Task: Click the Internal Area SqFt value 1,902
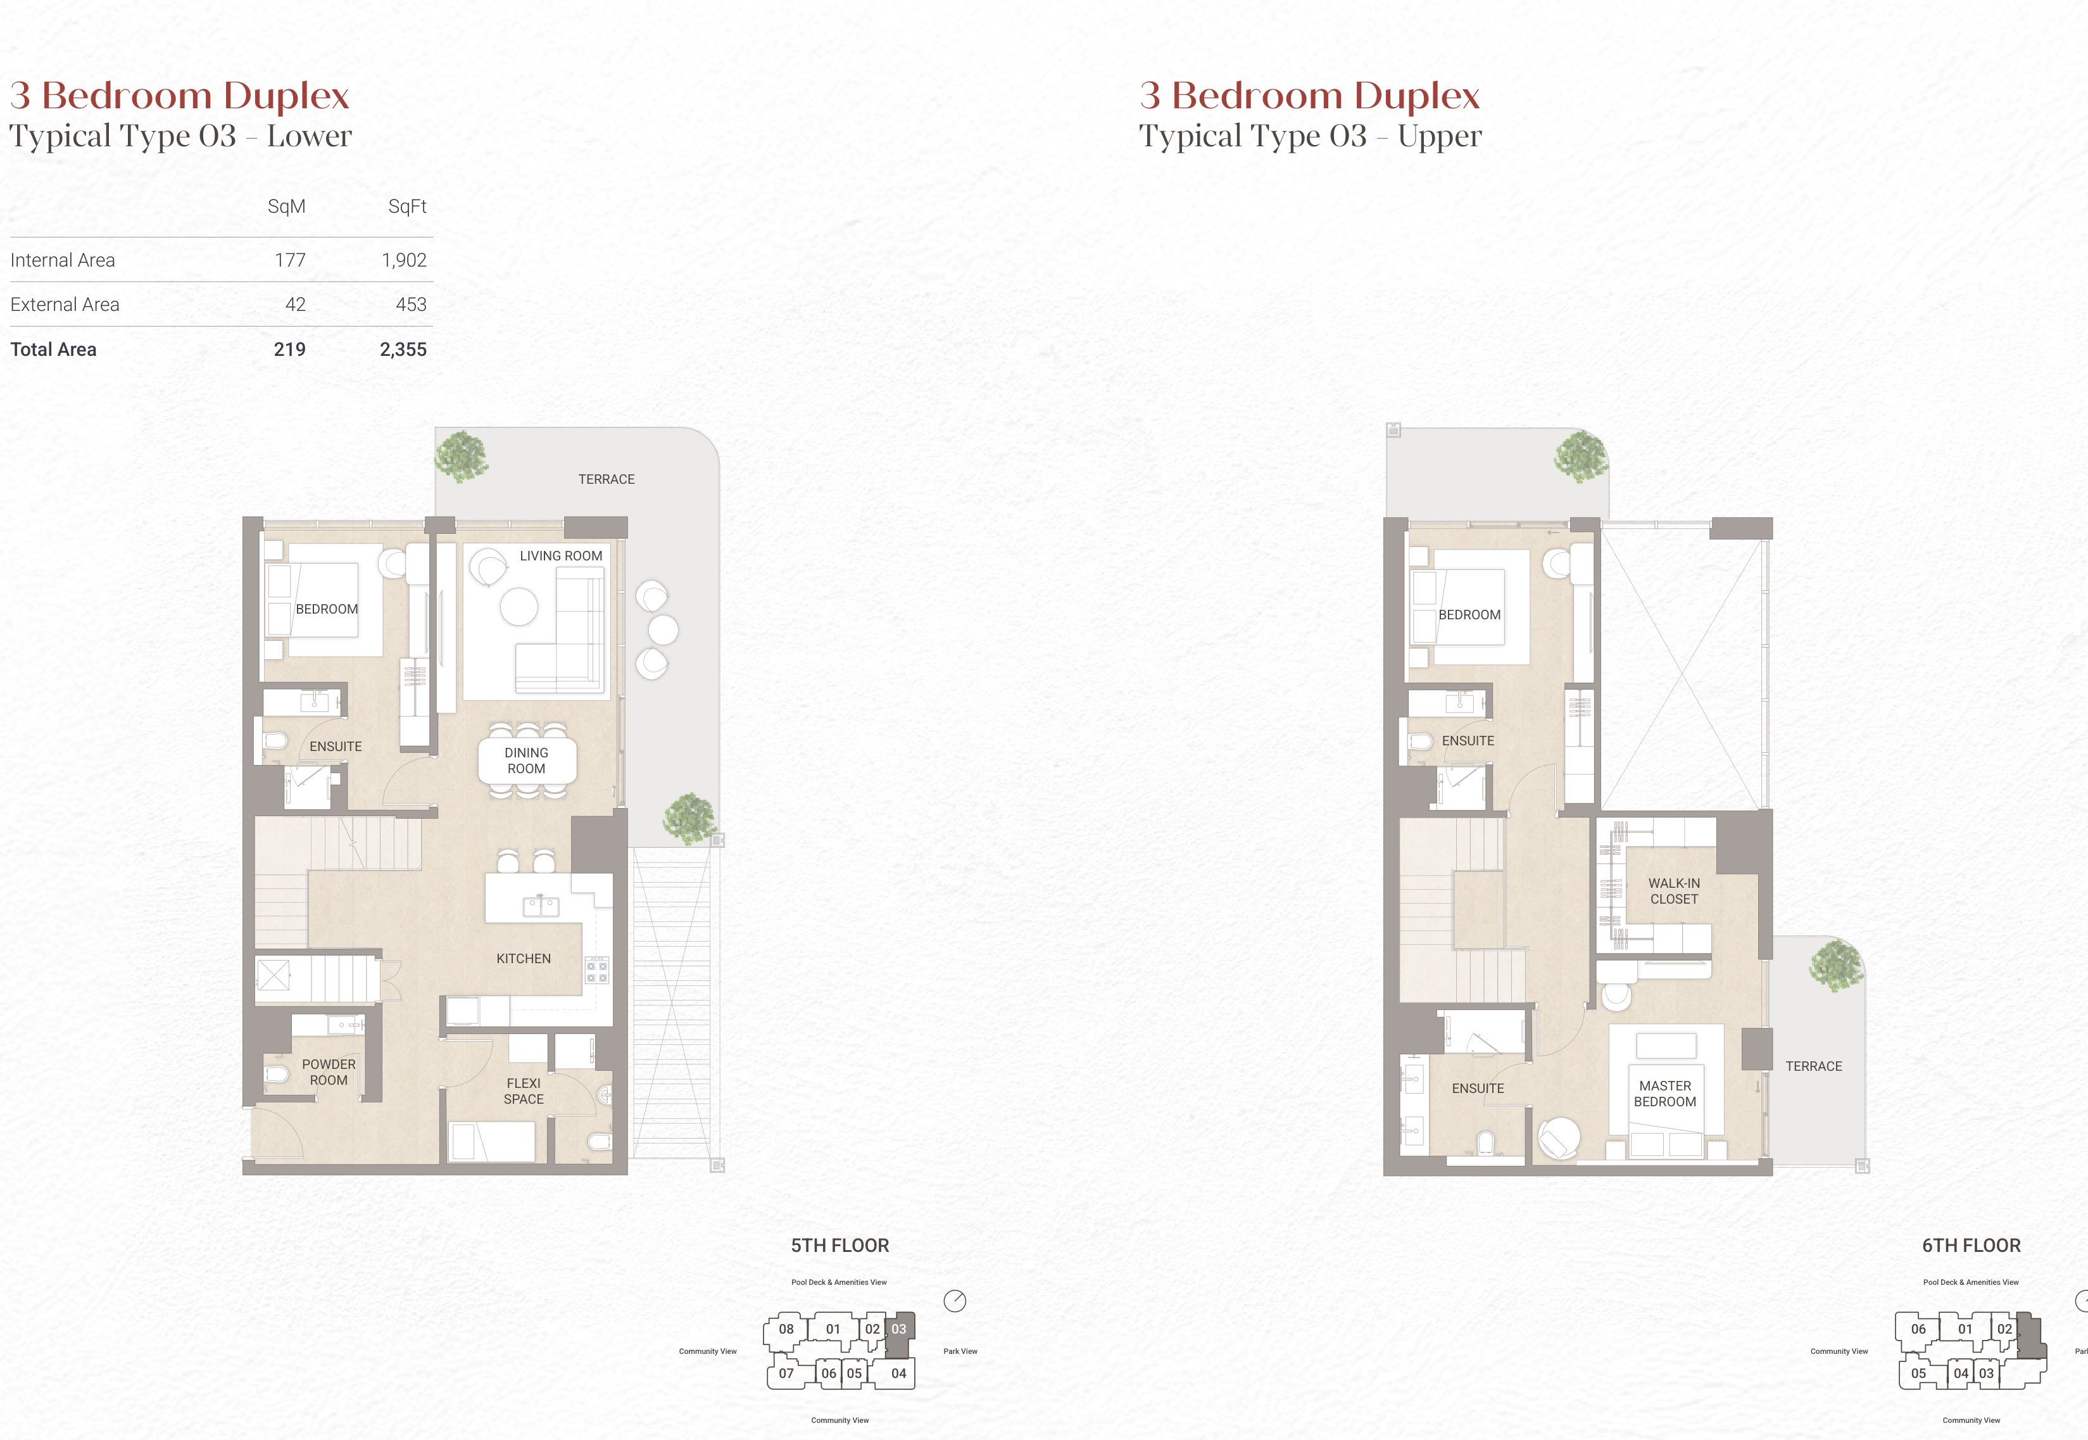click(x=403, y=260)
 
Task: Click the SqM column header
click(x=287, y=206)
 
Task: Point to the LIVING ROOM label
click(x=561, y=556)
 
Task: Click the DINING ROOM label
click(x=527, y=761)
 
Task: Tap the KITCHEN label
click(x=523, y=958)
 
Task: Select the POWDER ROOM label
click(x=329, y=1072)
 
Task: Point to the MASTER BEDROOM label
click(x=1665, y=1094)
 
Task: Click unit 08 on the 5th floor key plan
click(x=786, y=1329)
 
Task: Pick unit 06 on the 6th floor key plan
click(x=1918, y=1329)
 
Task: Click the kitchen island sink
click(x=541, y=906)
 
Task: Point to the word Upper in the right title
click(x=1440, y=136)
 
